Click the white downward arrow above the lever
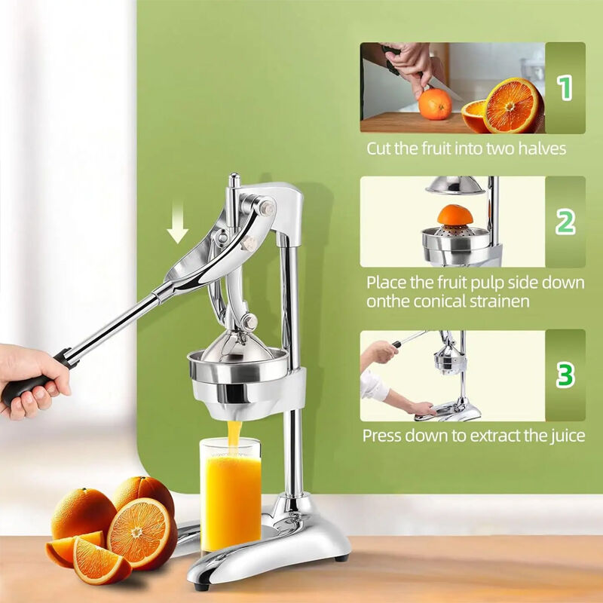coord(178,229)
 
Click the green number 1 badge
coord(565,87)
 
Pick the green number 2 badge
coord(565,222)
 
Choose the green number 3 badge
coord(565,375)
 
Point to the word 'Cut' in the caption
coord(380,148)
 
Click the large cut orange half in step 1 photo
coord(513,106)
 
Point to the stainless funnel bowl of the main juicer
coord(240,377)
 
